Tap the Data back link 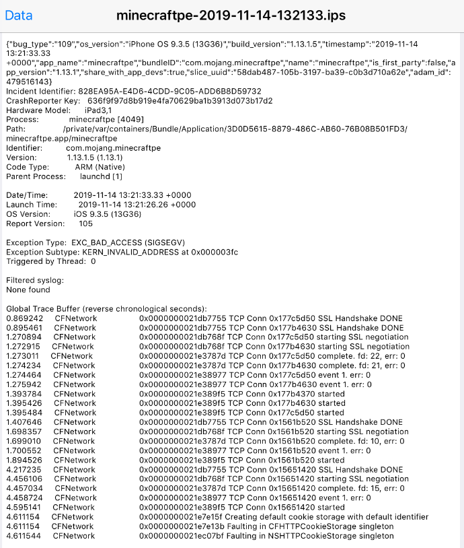(19, 15)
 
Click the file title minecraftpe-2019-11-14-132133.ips (232, 15)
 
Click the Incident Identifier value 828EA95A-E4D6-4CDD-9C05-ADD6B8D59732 (171, 91)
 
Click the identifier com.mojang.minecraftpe (113, 147)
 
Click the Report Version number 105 (85, 223)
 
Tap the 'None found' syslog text (28, 289)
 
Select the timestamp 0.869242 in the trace (24, 318)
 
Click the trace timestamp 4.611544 (24, 536)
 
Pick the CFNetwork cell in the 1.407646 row (74, 422)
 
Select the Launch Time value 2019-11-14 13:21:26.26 (137, 204)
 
